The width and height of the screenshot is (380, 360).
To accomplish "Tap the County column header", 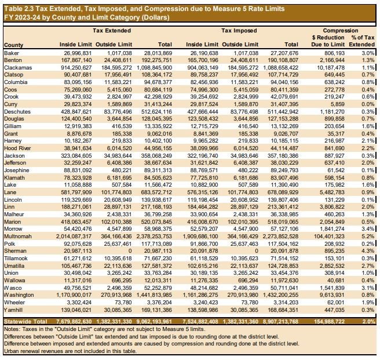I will click(14, 45).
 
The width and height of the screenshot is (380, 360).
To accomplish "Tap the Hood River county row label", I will click(19, 148).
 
